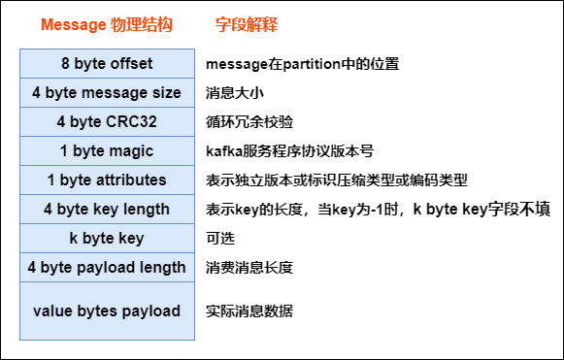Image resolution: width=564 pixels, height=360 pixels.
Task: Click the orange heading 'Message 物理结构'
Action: pos(107,25)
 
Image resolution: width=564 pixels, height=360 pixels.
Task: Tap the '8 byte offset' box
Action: pos(107,64)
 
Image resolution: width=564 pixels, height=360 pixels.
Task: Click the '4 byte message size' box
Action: pos(107,93)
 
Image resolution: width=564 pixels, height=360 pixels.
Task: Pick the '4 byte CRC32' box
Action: pos(107,122)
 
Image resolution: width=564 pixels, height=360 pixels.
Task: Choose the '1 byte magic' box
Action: pos(107,151)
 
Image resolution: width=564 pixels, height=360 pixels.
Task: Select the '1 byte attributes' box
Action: pos(107,180)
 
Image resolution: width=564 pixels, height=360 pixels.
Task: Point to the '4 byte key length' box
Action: pos(107,210)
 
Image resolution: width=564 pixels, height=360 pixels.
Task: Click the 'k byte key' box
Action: pos(107,238)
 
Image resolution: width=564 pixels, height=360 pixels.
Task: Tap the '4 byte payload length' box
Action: pos(107,267)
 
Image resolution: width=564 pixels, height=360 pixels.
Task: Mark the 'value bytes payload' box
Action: pos(107,311)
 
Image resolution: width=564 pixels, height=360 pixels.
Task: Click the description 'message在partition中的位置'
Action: pos(303,65)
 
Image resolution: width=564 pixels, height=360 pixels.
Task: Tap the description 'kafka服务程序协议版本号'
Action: pos(289,151)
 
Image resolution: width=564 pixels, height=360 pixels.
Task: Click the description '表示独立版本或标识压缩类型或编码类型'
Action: pos(337,180)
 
